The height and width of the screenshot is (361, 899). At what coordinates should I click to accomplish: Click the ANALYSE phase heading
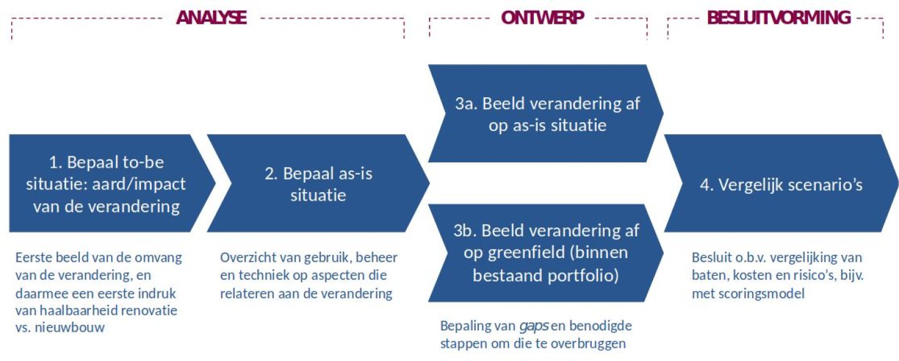coord(211,17)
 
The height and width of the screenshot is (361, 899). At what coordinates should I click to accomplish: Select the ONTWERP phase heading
coord(542,17)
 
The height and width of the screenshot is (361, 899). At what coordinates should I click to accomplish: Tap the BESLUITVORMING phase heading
coord(779,17)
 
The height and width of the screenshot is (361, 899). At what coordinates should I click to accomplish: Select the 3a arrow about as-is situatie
coord(546,113)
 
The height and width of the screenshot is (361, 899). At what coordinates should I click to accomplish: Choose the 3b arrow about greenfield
coord(546,253)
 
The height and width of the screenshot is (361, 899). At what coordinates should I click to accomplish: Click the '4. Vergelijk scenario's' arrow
coord(781,183)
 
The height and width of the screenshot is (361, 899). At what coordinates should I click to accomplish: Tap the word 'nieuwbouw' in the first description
coord(69,328)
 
